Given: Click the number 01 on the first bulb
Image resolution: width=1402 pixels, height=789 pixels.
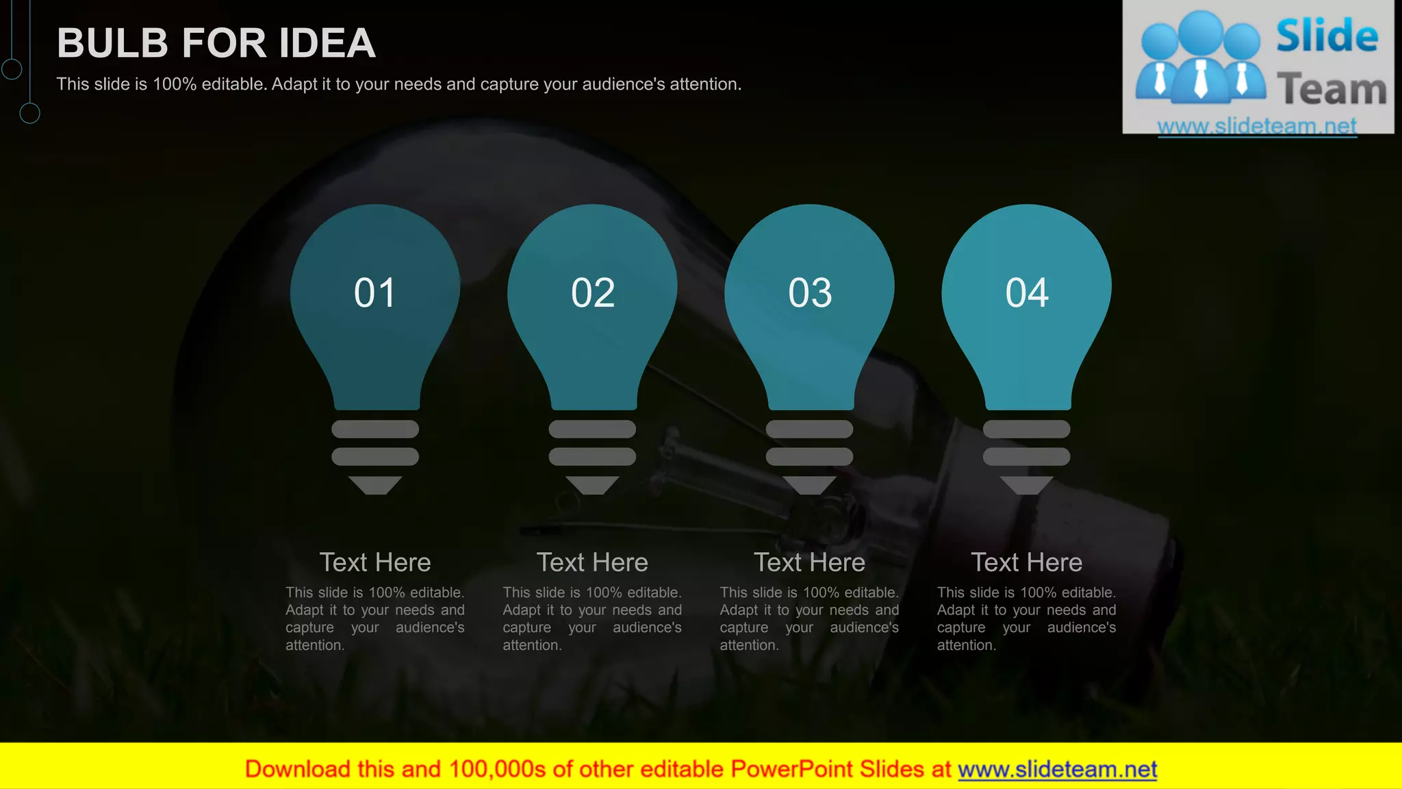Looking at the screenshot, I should point(374,293).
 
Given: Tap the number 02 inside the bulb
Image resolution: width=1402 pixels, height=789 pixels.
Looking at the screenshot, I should point(593,293).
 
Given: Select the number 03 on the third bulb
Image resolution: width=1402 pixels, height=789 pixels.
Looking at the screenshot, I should point(810,293).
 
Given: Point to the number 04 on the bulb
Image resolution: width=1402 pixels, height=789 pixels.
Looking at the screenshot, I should point(1027,293).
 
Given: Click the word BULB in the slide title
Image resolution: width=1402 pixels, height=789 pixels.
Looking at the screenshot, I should point(113,43).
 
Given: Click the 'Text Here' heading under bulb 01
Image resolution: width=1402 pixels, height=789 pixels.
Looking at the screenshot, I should point(375,562).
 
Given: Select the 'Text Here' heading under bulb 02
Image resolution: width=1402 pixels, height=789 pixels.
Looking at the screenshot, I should point(592,562).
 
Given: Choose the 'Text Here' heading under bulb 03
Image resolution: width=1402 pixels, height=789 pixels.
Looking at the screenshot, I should point(809,562).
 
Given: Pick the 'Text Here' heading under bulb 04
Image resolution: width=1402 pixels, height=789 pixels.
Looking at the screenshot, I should point(1026,562).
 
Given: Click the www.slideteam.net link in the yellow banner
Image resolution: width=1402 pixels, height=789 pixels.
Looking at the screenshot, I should point(1057,769).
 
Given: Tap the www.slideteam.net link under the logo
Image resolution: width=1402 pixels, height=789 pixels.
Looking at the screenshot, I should point(1257,126).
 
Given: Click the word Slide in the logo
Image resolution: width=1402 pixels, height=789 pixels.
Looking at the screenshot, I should point(1327,36).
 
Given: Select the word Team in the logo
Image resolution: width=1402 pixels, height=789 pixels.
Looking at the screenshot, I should point(1331,90).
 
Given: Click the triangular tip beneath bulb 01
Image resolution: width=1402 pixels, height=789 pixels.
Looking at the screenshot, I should point(375,484).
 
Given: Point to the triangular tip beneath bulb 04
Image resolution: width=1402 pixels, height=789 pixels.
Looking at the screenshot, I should point(1026,484).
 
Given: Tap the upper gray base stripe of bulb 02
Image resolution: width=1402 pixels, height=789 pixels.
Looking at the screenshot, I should point(592,429).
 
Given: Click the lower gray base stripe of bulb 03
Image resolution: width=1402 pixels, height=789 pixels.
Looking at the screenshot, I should point(809,456).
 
